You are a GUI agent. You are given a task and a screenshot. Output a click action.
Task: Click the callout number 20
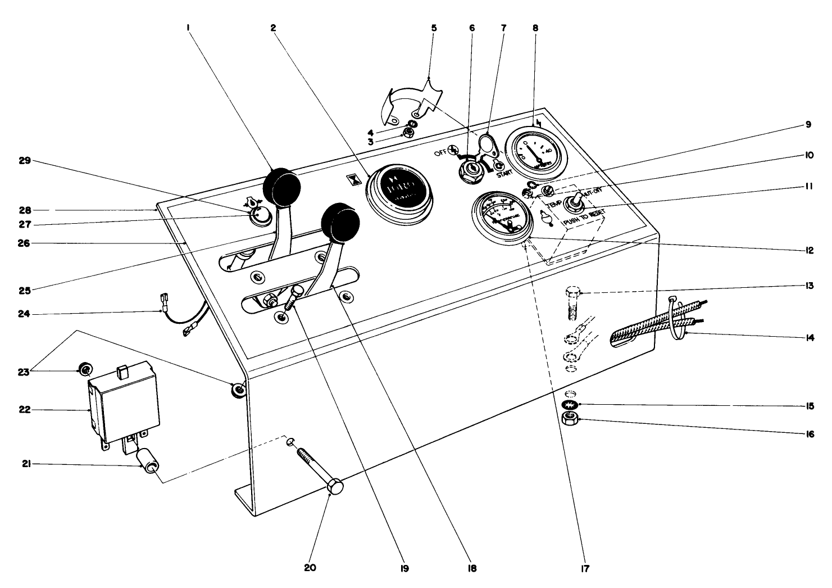tap(310, 567)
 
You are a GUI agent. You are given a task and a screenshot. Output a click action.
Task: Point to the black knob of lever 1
tap(281, 187)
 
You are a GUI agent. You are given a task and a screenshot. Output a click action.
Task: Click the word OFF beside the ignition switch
tap(440, 153)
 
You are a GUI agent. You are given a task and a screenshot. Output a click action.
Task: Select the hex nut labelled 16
tap(571, 418)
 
